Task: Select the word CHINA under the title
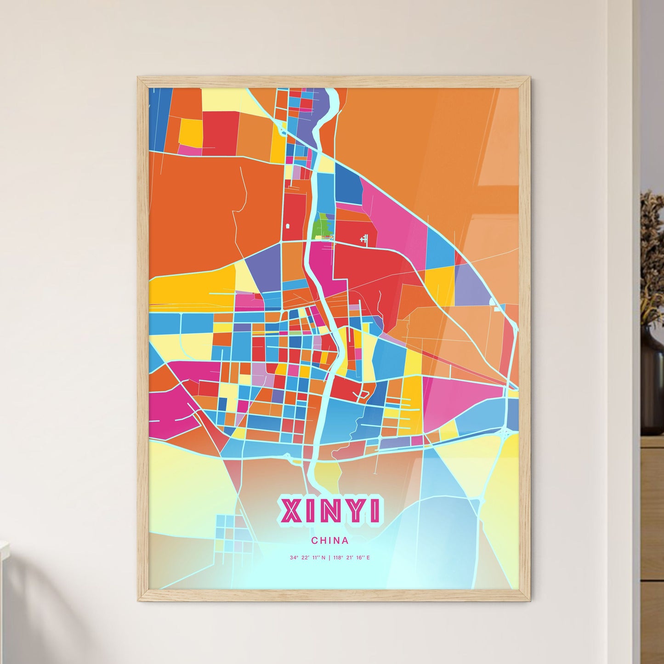[x=329, y=540]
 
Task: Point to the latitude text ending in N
[x=307, y=558]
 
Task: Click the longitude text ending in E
[x=351, y=558]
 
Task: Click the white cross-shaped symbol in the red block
[x=364, y=238]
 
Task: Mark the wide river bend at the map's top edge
[x=329, y=106]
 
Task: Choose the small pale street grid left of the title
[x=233, y=533]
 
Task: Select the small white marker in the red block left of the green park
[x=288, y=226]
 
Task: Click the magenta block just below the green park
[x=322, y=262]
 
